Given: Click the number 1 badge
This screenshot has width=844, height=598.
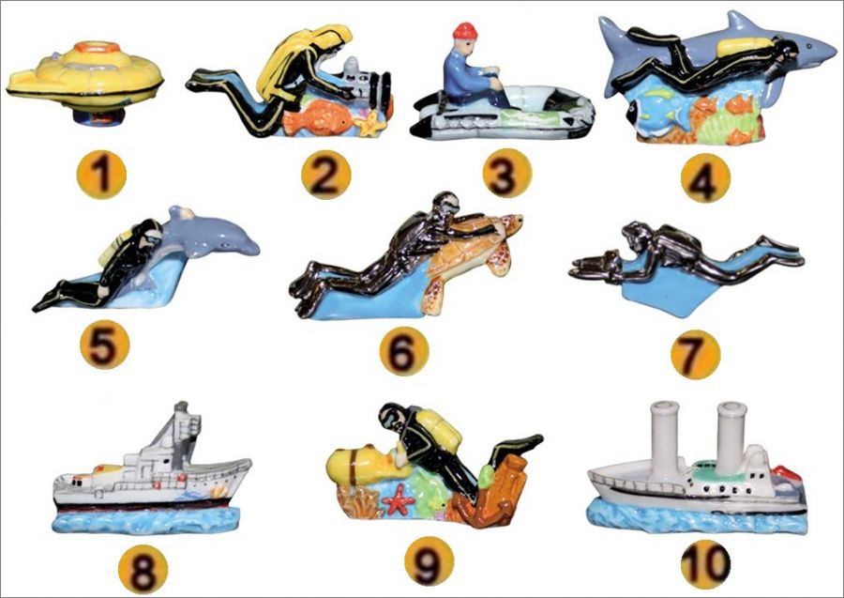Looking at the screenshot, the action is (x=101, y=175).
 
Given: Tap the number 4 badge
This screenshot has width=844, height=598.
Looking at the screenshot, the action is (x=705, y=177).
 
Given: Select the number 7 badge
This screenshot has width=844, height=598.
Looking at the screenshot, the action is (x=695, y=355).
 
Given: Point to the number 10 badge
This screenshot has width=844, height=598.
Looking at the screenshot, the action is (x=705, y=564).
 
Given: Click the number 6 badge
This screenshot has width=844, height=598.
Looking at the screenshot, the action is (x=404, y=351).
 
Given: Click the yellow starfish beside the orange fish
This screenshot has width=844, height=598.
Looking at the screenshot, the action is (x=370, y=123).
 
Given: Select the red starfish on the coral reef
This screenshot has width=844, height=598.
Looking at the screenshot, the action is (x=398, y=499).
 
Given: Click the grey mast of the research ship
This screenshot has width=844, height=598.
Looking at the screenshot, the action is (x=181, y=431).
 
